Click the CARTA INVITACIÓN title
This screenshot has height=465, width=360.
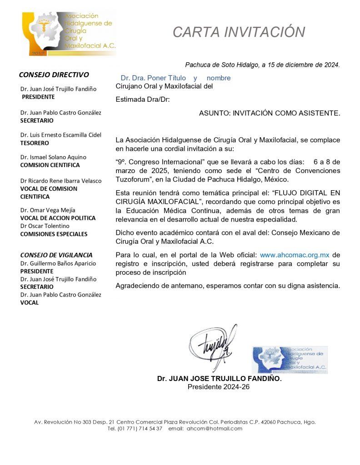click(239, 32)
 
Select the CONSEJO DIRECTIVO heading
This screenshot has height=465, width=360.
click(54, 74)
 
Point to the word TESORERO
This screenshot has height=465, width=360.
click(35, 143)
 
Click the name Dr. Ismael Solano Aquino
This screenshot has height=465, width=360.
click(53, 157)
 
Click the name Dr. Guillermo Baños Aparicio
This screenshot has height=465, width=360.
click(57, 263)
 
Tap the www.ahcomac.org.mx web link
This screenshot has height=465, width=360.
click(295, 255)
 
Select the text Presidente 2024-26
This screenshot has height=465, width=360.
click(219, 386)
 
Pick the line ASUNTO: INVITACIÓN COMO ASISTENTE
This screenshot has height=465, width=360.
click(269, 113)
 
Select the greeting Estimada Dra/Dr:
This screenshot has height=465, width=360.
click(143, 99)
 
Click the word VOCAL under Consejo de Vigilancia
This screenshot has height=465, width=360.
click(30, 302)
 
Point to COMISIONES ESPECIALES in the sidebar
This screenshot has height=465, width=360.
click(54, 234)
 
